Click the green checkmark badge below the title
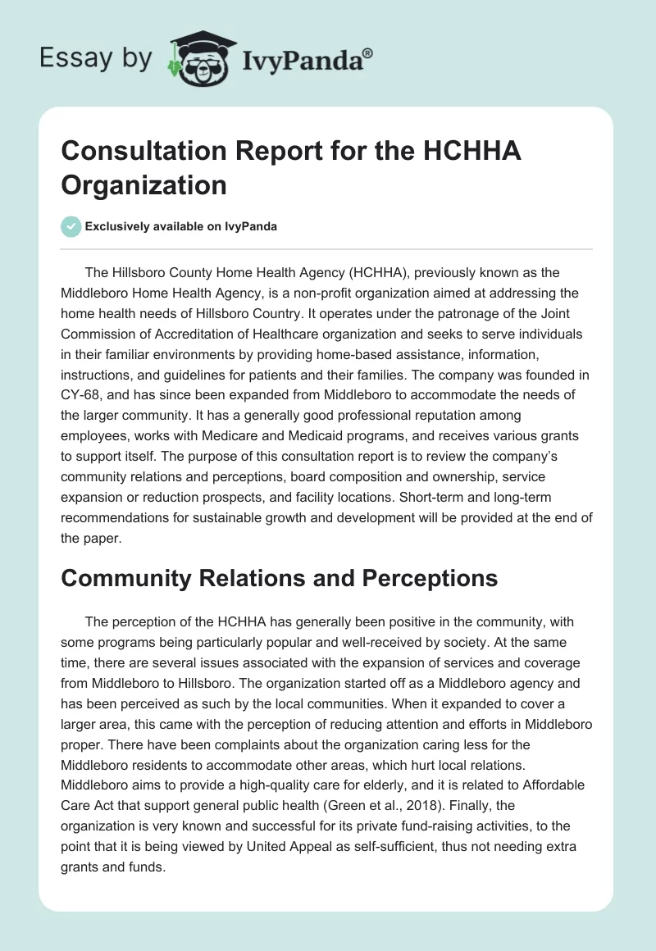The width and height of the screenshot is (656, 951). coord(71,226)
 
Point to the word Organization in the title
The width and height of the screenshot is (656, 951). coord(143,184)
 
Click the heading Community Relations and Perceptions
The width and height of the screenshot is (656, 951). coord(280,578)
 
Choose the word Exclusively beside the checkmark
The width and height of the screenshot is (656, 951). coord(119,226)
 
